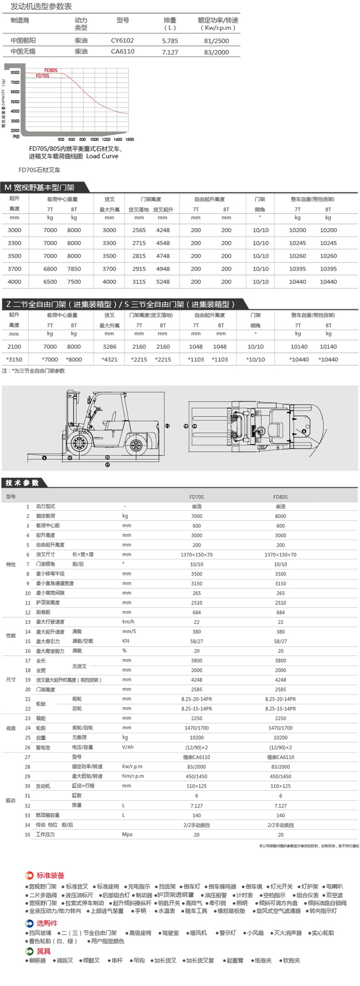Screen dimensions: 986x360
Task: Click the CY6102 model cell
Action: click(x=122, y=40)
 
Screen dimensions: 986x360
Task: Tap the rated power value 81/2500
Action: click(x=217, y=40)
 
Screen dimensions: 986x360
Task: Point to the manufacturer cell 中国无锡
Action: click(x=23, y=51)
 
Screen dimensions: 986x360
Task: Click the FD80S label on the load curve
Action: click(x=50, y=70)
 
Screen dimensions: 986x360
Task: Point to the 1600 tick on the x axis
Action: click(x=130, y=139)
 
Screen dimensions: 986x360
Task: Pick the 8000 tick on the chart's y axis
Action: click(x=15, y=73)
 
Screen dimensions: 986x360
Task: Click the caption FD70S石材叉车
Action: click(x=39, y=169)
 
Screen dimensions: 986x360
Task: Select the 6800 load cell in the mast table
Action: click(x=50, y=268)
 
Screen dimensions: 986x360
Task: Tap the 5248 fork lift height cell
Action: click(x=163, y=282)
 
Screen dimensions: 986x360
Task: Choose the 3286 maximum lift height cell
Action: click(x=109, y=347)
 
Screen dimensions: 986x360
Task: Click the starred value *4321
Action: click(x=109, y=360)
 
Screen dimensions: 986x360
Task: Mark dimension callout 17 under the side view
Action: click(x=107, y=464)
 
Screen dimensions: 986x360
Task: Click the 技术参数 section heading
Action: click(x=22, y=482)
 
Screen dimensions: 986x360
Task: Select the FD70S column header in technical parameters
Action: click(x=196, y=497)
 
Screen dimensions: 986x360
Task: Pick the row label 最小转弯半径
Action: click(x=50, y=573)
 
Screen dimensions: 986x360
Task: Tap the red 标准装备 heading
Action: click(x=50, y=875)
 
